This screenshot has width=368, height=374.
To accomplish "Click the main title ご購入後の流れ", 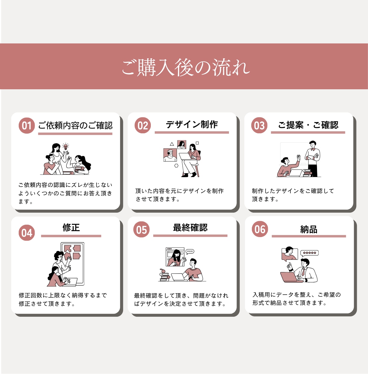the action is [x=186, y=67].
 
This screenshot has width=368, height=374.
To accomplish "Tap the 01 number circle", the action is [x=27, y=125].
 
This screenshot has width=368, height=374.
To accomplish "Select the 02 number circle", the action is [x=143, y=125].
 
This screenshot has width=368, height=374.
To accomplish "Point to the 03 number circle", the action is [x=259, y=125].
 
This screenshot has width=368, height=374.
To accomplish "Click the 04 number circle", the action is [x=27, y=233].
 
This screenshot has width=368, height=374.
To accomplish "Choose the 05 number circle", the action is [x=141, y=230].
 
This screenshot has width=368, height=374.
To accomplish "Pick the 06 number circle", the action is [x=260, y=229].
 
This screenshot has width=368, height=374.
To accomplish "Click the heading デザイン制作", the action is [x=192, y=124].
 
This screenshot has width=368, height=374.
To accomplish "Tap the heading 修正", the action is [x=71, y=227].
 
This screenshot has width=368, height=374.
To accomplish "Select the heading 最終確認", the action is [x=190, y=227].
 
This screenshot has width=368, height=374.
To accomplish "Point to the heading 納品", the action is [x=309, y=230].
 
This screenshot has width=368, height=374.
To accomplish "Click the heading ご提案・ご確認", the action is [x=308, y=125].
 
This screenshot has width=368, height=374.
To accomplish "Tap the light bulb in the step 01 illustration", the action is [x=65, y=147].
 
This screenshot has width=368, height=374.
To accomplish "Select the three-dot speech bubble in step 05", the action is [x=190, y=252].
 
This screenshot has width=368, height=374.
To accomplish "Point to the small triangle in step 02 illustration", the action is [x=172, y=144].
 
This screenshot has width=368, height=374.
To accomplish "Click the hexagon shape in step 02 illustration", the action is [x=176, y=166].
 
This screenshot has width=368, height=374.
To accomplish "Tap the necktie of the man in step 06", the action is [x=303, y=272].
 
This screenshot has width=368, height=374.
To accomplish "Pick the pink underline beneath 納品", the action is [x=309, y=236].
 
